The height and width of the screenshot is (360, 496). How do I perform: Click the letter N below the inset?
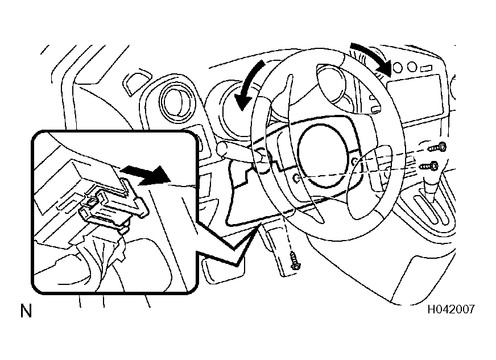[26, 311]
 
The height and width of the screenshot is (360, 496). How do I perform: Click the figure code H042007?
[451, 309]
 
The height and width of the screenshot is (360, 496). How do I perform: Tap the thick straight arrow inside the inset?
[146, 175]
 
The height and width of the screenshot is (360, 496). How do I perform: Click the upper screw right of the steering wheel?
[437, 147]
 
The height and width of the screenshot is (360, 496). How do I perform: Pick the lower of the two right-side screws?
[429, 165]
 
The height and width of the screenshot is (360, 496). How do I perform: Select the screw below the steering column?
[296, 260]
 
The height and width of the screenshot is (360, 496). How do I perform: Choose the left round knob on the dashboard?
[397, 67]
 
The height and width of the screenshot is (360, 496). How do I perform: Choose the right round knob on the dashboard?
[412, 67]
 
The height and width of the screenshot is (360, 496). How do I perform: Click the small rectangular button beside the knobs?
[427, 68]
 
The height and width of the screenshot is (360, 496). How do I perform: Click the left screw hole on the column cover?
[296, 179]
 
